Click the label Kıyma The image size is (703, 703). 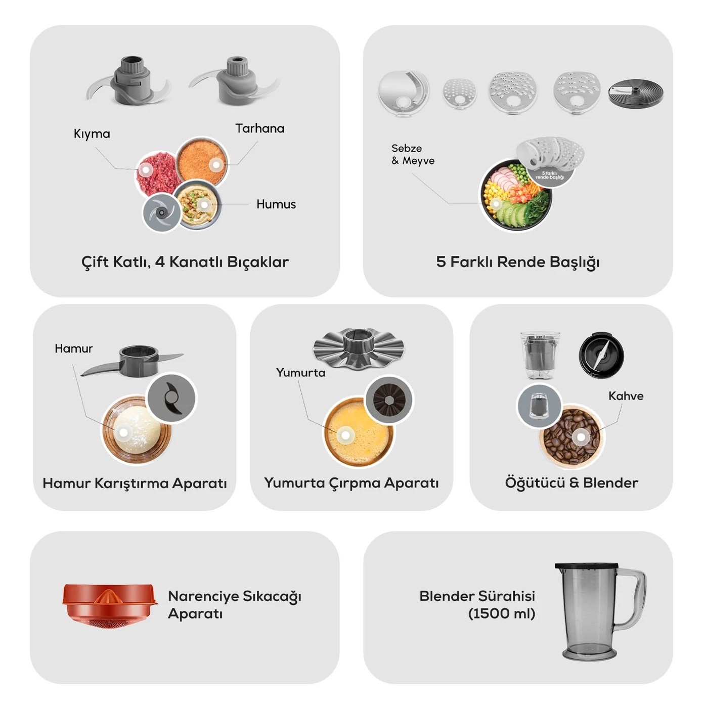click(x=92, y=134)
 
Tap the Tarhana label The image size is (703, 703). click(x=260, y=128)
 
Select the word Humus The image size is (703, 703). click(x=276, y=204)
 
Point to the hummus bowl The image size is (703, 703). click(x=199, y=205)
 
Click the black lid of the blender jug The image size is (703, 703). click(x=586, y=566)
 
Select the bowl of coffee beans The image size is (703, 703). click(x=572, y=436)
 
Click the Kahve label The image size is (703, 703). click(x=626, y=396)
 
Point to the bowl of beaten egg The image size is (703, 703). click(x=358, y=432)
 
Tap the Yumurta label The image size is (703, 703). click(x=300, y=373)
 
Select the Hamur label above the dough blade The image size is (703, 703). click(x=74, y=348)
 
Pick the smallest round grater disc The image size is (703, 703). click(x=460, y=93)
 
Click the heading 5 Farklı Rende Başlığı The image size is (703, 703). click(x=518, y=262)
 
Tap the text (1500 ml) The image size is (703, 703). click(x=502, y=613)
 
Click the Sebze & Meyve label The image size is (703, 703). click(x=413, y=154)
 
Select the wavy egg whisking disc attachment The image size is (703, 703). click(x=358, y=348)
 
